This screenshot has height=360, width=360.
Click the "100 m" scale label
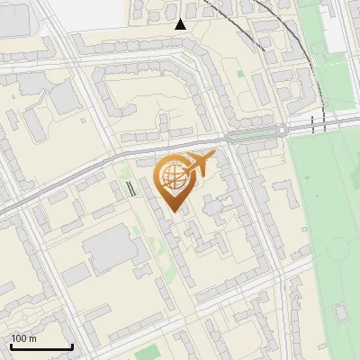[x=23, y=338]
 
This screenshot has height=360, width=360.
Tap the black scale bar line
[x=41, y=346]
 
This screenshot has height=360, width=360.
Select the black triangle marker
[x=181, y=24]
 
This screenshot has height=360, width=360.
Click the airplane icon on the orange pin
[x=199, y=164]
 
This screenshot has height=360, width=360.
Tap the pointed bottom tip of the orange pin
[x=175, y=211]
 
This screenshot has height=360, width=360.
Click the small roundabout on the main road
[x=282, y=131]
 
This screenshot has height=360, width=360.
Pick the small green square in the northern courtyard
[x=240, y=72]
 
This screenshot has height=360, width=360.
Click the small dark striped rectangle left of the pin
[x=132, y=189]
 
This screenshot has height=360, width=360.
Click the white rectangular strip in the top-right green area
[x=334, y=31]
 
